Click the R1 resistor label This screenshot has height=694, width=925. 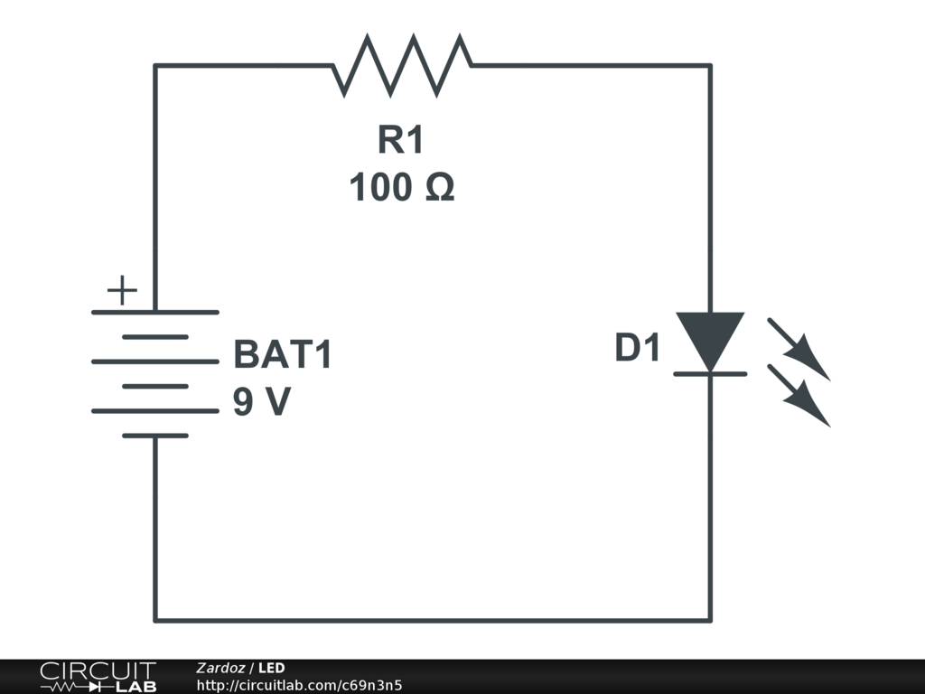(x=400, y=141)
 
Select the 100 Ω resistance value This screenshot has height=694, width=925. (x=401, y=188)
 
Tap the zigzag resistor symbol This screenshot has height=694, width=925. (x=402, y=65)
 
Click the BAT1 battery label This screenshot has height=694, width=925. (x=283, y=355)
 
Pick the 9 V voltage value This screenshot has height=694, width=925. (x=262, y=402)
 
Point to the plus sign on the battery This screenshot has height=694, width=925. (x=122, y=291)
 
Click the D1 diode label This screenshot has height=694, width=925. (x=639, y=349)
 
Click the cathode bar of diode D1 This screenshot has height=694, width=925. (x=710, y=373)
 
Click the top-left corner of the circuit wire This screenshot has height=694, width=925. (x=155, y=65)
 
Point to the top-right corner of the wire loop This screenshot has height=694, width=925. (x=710, y=65)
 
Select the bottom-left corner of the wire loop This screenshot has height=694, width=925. (x=155, y=620)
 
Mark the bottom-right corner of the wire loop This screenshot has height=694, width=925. (x=710, y=620)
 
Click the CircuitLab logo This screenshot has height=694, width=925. (x=98, y=677)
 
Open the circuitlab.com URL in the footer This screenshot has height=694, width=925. (x=299, y=685)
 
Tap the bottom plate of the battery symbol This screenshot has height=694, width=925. (x=155, y=436)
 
